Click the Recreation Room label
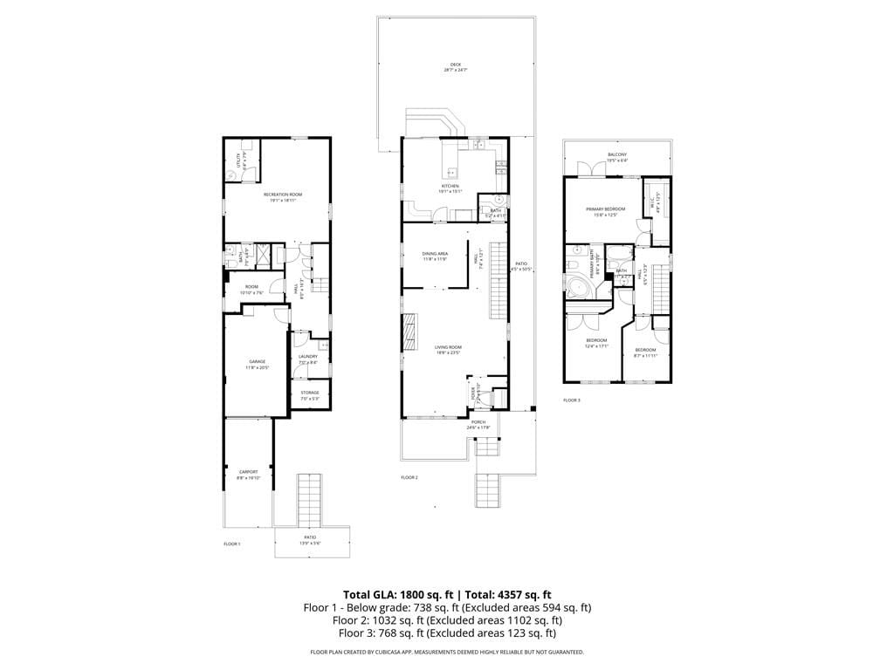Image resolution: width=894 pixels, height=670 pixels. pyautogui.click(x=283, y=195)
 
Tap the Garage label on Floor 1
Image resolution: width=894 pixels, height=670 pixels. pyautogui.click(x=258, y=362)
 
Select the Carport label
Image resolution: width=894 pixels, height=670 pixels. pyautogui.click(x=248, y=472)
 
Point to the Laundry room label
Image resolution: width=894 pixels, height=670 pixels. pyautogui.click(x=307, y=356)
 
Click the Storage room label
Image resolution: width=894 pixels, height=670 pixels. pyautogui.click(x=310, y=393)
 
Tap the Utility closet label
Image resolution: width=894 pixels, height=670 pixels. pyautogui.click(x=237, y=160)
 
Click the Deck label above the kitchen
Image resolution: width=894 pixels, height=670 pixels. pyautogui.click(x=455, y=64)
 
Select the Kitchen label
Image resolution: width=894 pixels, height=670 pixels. pyautogui.click(x=450, y=186)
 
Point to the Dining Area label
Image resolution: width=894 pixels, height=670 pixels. pyautogui.click(x=435, y=254)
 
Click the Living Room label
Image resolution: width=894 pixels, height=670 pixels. pyautogui.click(x=448, y=347)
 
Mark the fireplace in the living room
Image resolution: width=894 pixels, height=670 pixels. pyautogui.click(x=408, y=331)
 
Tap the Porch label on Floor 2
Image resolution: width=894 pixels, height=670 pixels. pyautogui.click(x=478, y=422)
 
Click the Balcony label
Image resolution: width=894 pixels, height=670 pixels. pyautogui.click(x=617, y=154)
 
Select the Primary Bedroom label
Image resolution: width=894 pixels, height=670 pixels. pyautogui.click(x=605, y=209)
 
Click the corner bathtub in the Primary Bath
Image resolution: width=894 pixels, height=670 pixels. pyautogui.click(x=579, y=287)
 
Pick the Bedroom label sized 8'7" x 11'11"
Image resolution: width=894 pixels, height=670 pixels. pyautogui.click(x=645, y=349)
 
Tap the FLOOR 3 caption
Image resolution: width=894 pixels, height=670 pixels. pyautogui.click(x=571, y=400)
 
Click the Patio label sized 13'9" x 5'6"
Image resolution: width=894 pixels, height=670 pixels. pyautogui.click(x=311, y=537)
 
